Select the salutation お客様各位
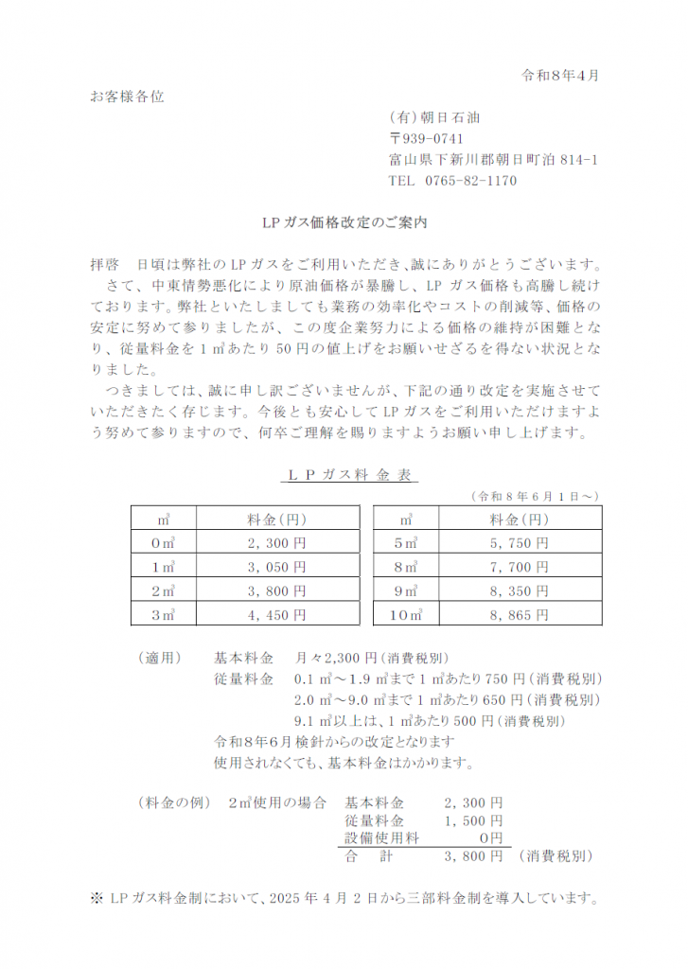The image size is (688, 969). click(126, 97)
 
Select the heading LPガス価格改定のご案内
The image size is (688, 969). click(344, 224)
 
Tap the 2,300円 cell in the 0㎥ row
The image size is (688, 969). click(276, 543)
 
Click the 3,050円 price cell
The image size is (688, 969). click(276, 567)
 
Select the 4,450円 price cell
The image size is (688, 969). click(276, 614)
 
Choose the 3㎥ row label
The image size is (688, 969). click(164, 614)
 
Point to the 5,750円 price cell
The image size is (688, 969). click(519, 543)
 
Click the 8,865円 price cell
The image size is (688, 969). click(519, 614)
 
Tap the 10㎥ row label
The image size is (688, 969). click(406, 614)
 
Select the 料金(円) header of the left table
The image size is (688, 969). click(276, 520)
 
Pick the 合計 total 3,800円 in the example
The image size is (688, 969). click(473, 856)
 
